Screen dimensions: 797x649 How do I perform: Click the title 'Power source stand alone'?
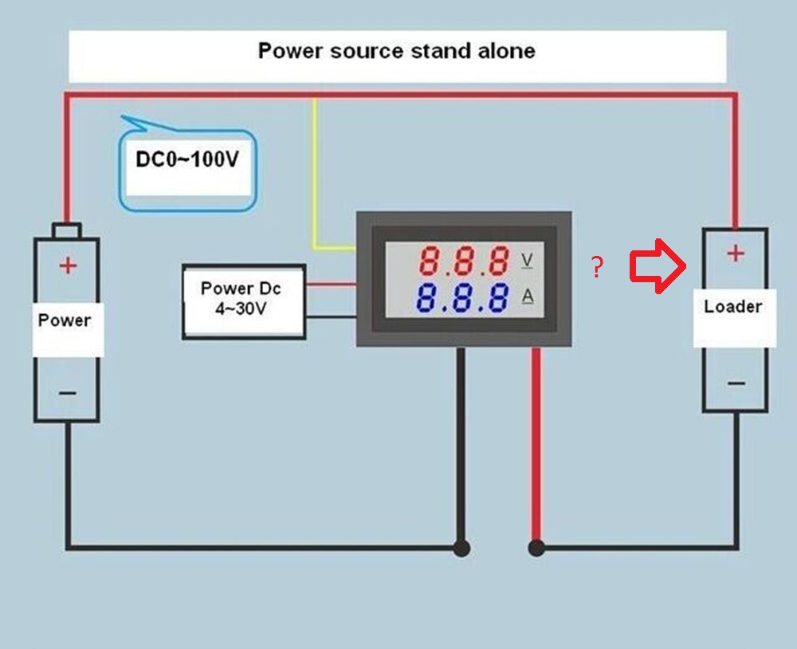click(396, 51)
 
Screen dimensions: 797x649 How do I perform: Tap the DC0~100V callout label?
click(187, 159)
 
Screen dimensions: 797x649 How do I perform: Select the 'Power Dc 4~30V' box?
click(244, 301)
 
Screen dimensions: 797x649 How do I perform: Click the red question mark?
click(598, 267)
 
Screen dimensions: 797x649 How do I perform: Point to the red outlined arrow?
click(658, 265)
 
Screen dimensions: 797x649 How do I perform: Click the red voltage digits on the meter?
click(464, 261)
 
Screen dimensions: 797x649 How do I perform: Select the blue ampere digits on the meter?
click(462, 297)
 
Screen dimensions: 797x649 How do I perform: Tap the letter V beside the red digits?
click(527, 260)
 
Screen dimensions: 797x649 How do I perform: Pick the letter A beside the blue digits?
click(528, 296)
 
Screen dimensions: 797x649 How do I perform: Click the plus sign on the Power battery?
click(68, 265)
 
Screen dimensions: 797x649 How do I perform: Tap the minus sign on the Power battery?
click(68, 392)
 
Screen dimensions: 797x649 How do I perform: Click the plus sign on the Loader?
click(736, 253)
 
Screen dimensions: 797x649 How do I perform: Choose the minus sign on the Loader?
click(736, 383)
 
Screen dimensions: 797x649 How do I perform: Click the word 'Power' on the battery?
click(65, 321)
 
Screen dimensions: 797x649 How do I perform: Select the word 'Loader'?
click(733, 306)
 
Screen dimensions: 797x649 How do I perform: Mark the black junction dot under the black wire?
click(461, 548)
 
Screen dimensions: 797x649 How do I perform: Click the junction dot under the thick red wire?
click(536, 548)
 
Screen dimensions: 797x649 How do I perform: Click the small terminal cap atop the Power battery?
click(67, 230)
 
